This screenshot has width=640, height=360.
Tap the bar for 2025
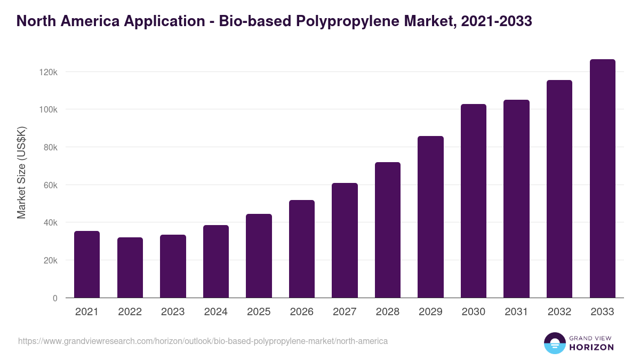pos(259,255)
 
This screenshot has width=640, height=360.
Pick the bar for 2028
pos(388,230)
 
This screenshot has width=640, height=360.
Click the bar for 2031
pos(516,198)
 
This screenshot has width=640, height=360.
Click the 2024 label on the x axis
pos(216,312)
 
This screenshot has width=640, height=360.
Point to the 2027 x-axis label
pos(345,312)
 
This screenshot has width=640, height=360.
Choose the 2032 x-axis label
pos(559,312)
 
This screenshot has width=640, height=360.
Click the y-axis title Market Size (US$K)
pos(21,173)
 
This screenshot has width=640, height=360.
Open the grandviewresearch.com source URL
pos(203,341)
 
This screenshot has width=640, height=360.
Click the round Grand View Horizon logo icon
pos(555,343)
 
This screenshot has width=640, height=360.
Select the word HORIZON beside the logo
pos(591,347)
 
